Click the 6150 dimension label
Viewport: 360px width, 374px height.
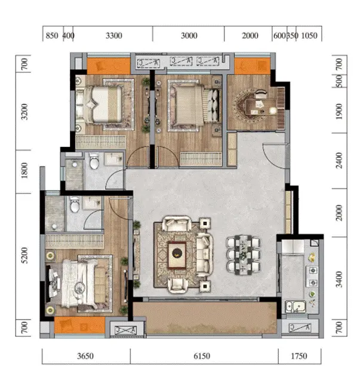[202, 356]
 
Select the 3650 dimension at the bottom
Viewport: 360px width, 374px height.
[85, 356]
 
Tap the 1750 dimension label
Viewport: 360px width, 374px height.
[299, 356]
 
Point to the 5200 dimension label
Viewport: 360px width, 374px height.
[24, 256]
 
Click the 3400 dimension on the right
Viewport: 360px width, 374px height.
[339, 280]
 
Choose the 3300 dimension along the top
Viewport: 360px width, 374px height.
[113, 36]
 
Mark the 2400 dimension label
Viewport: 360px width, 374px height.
[339, 161]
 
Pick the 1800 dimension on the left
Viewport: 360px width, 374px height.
[24, 170]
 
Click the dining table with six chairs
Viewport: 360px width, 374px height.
[243, 255]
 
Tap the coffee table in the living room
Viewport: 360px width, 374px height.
[177, 255]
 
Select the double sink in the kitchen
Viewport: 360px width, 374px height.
[296, 306]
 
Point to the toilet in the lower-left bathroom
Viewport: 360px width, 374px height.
[75, 205]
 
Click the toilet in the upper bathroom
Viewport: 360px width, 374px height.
[94, 161]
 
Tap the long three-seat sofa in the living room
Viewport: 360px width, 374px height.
[204, 255]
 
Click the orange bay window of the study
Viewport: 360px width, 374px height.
[252, 66]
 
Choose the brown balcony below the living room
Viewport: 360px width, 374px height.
[205, 318]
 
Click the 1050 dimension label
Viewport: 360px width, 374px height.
[309, 36]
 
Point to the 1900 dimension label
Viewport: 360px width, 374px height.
[339, 111]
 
